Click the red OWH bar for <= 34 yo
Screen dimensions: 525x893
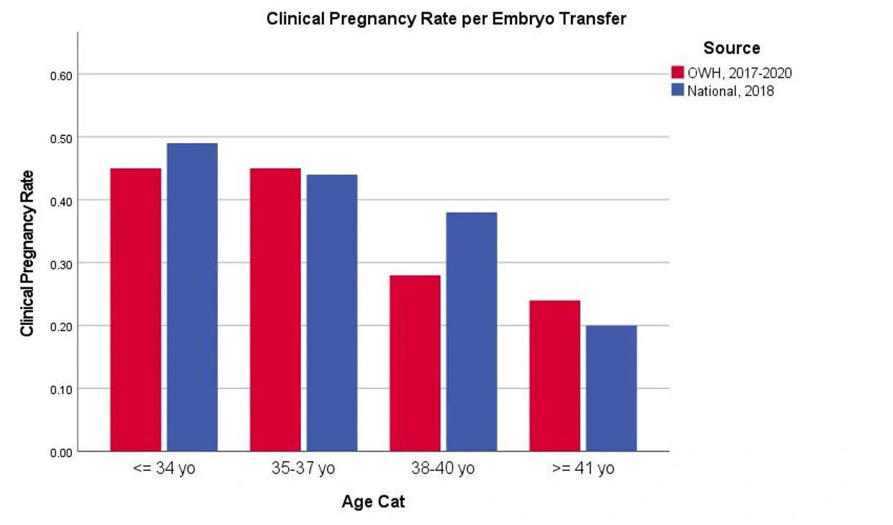pos(135,310)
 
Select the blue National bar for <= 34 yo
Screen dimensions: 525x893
pos(192,297)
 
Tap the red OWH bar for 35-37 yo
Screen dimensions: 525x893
pos(275,310)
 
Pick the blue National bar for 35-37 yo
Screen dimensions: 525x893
pos(331,313)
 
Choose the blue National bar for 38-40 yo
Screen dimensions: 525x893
pos(471,331)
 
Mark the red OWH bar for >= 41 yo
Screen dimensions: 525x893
pos(555,376)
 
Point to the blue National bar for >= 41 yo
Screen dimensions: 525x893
pos(611,388)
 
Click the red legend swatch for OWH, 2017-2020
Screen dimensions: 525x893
pos(677,73)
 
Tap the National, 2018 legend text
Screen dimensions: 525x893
pos(730,91)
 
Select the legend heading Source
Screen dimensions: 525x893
pos(731,48)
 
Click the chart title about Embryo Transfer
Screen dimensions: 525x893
pos(446,19)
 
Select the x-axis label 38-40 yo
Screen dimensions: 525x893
pos(443,469)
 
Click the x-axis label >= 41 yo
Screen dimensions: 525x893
pos(583,469)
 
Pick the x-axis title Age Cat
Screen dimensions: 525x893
pos(373,502)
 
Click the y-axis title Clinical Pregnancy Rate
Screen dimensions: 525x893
pos(27,253)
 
